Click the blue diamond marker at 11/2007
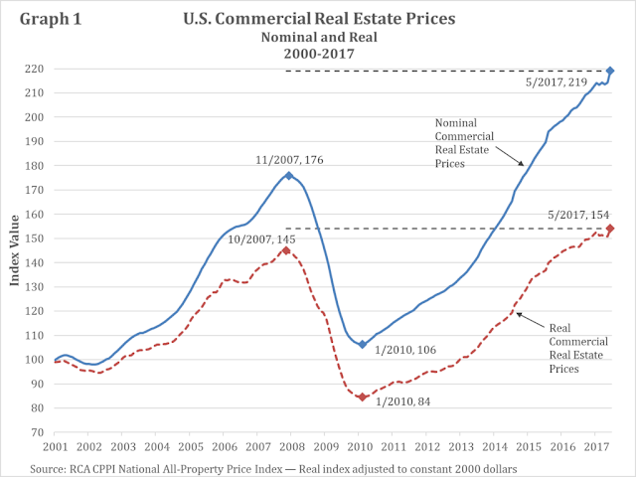tap(289, 175)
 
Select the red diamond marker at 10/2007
tap(286, 250)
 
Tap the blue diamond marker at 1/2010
tap(363, 345)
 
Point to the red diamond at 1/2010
tap(363, 397)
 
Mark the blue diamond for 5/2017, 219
tap(610, 71)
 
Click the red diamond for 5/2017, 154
tap(610, 229)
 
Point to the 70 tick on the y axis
tap(38, 432)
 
